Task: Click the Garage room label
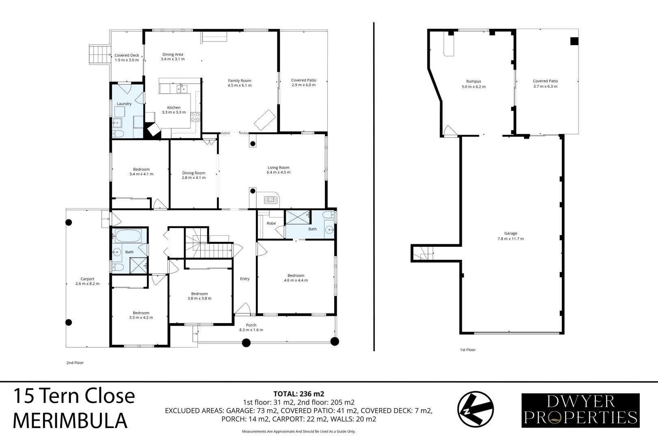[x=511, y=234]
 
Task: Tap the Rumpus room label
[x=474, y=82]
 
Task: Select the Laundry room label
[x=124, y=104]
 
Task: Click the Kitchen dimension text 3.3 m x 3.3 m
[x=174, y=113]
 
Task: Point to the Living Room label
[x=278, y=167]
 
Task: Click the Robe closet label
[x=271, y=224]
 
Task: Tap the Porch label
[x=251, y=325]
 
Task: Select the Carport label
[x=87, y=279]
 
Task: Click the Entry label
[x=245, y=279]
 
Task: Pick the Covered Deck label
[x=127, y=55]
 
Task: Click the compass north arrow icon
[x=476, y=410]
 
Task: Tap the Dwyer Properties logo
[x=580, y=410]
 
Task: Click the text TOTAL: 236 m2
[x=299, y=393]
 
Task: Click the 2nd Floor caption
[x=75, y=363]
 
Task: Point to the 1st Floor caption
[x=468, y=350]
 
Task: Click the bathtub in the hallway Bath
[x=128, y=236]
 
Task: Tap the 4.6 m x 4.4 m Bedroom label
[x=296, y=276]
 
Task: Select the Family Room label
[x=240, y=81]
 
